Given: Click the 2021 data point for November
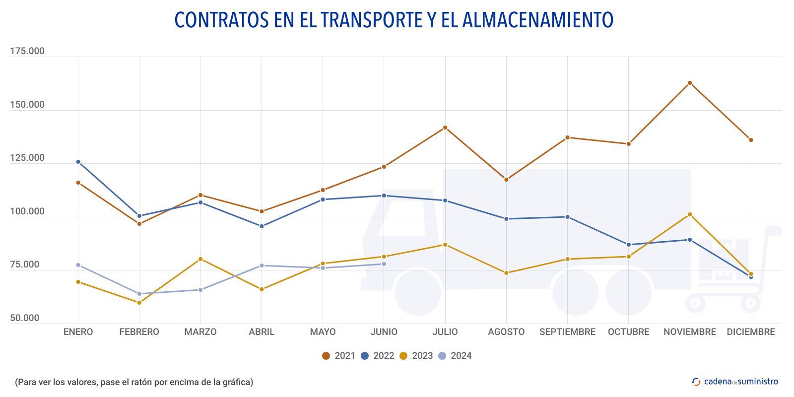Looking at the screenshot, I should click(690, 83).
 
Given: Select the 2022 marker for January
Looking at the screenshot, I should click(78, 162).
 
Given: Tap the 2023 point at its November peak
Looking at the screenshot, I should click(690, 214).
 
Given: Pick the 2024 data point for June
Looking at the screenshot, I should click(384, 264).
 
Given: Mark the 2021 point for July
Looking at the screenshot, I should click(445, 128).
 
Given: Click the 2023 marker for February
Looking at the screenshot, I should click(139, 303).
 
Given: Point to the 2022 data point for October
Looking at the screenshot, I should click(629, 245).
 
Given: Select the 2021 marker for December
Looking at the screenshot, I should click(751, 140).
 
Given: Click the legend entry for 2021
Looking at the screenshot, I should click(339, 356).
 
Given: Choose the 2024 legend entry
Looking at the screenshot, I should click(455, 356).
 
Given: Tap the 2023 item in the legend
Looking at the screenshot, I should click(416, 356).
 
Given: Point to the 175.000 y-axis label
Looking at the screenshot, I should click(27, 51).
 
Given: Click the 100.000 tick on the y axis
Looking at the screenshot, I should click(27, 211).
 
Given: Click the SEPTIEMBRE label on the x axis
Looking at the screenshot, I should click(567, 332).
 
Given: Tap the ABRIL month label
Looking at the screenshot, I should click(262, 332).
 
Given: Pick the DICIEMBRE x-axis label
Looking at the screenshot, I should click(751, 332).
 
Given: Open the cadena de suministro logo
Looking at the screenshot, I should click(735, 382).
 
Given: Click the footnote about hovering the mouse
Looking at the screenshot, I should click(134, 382).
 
